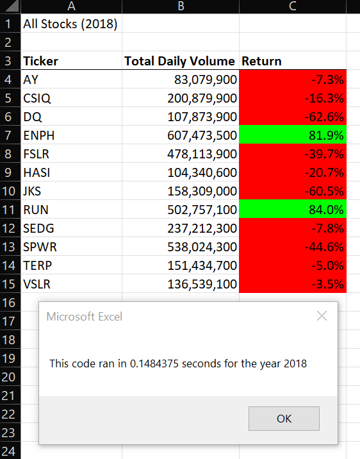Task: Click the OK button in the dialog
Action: click(284, 419)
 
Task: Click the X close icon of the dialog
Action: click(322, 316)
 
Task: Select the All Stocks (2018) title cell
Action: click(70, 24)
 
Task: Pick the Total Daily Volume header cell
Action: click(180, 62)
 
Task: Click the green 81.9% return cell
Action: click(292, 135)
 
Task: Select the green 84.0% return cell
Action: click(292, 210)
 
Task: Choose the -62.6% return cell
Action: click(292, 117)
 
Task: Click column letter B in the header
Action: click(181, 6)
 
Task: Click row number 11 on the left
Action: click(10, 210)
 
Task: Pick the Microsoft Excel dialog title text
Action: click(85, 316)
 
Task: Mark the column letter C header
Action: click(292, 6)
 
